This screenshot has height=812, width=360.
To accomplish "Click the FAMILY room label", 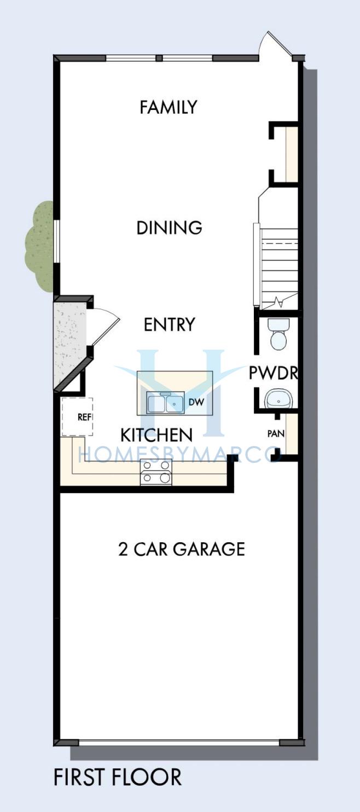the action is point(168,107).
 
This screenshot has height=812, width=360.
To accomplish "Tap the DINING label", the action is point(169,228).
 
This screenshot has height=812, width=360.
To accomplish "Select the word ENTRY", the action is point(170,324).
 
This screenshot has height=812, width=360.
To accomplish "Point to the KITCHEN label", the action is point(156,435).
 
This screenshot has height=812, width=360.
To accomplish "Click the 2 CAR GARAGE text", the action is point(182,549).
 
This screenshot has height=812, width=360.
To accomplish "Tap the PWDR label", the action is point(274,373).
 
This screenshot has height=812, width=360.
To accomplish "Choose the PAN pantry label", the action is point(276,433).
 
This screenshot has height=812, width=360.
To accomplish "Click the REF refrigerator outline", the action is point(77,417).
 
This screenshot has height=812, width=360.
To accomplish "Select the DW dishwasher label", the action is point(196,402).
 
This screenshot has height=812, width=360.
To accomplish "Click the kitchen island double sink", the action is point(165,402).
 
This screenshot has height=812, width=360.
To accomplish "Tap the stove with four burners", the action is point(156,472).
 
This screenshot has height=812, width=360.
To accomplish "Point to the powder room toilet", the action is point(278,333).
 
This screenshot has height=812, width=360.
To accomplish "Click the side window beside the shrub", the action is point(56,241).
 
